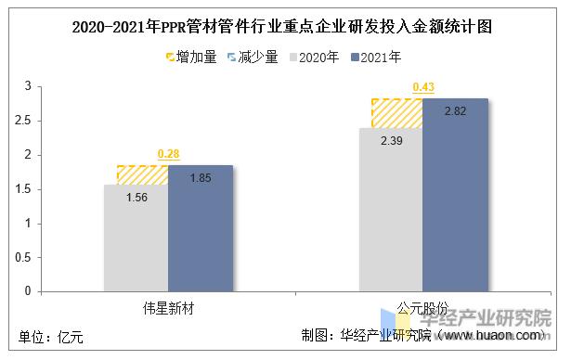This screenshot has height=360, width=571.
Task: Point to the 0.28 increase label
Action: pos(168,153)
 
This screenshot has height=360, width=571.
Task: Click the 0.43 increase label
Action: pos(422,87)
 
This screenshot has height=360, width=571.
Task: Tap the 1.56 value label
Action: pos(136,196)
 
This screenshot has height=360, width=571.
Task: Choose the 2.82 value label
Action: pos(455,111)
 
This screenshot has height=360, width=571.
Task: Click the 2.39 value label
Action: pos(390,140)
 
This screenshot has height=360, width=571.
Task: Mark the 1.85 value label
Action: pos(200,177)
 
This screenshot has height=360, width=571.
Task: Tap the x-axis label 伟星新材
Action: pos(168,306)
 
